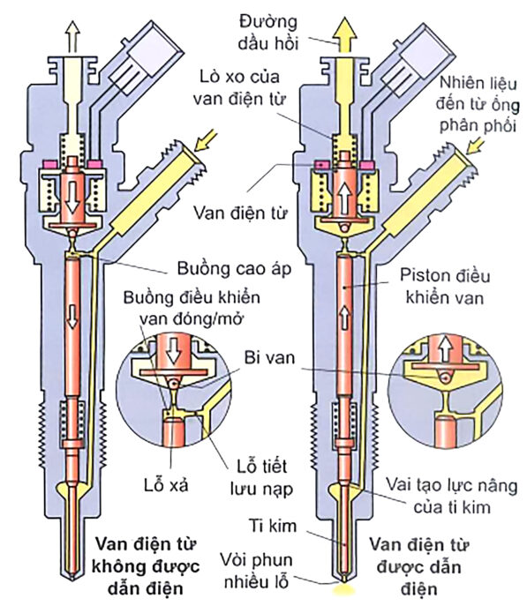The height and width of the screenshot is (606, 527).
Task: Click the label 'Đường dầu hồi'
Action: (268, 33)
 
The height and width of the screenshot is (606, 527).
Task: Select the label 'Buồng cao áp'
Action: (234, 269)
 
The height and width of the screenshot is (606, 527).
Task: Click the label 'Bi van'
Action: (269, 357)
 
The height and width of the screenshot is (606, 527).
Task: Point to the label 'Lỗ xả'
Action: (166, 484)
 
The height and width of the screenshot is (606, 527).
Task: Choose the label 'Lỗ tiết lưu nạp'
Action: (261, 477)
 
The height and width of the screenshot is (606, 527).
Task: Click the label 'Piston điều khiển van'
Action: (445, 287)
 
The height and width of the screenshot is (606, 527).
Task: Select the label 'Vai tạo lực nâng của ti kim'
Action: (452, 497)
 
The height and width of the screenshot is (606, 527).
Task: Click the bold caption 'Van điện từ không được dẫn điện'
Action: (146, 566)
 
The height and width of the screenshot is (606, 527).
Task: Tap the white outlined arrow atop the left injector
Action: (72, 36)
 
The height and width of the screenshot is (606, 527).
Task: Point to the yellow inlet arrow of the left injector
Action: (206, 140)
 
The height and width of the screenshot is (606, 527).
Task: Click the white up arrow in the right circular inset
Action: (446, 349)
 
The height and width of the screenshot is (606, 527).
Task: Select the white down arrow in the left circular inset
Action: (174, 350)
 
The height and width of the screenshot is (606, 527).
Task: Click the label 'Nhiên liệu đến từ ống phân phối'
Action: (478, 105)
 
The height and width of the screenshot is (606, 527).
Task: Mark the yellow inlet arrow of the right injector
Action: (475, 144)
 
